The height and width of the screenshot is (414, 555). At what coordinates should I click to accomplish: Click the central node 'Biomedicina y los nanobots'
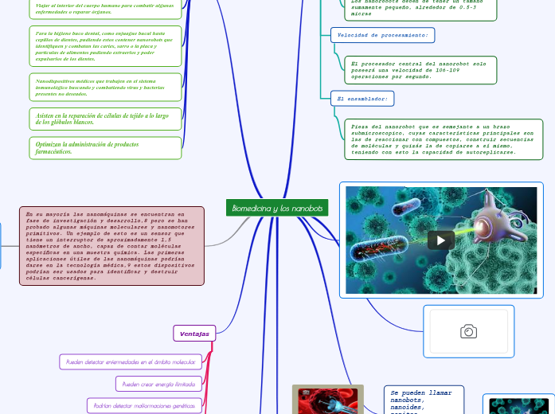[x=277, y=208]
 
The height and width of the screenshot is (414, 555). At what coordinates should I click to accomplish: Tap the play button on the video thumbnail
[x=441, y=240]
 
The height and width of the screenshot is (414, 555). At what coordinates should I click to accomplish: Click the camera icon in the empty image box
[x=468, y=331]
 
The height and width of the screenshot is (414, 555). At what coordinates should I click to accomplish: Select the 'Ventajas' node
[x=194, y=333]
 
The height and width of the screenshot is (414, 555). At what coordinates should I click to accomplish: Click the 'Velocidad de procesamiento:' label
[x=382, y=35]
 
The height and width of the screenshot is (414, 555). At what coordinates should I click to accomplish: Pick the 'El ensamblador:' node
[x=362, y=98]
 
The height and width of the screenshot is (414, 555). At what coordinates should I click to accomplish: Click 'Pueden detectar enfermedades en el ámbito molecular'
[x=131, y=361]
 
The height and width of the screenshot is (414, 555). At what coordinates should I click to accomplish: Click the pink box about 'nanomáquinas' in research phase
[x=111, y=245]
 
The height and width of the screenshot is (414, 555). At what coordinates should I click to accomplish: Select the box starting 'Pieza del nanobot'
[x=444, y=139]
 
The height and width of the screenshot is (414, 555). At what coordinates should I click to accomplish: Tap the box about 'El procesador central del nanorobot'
[x=420, y=69]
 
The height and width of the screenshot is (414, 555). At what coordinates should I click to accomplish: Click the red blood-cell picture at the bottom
[x=327, y=400]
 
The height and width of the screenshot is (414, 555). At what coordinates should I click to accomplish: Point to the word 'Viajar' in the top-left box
[x=44, y=6]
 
